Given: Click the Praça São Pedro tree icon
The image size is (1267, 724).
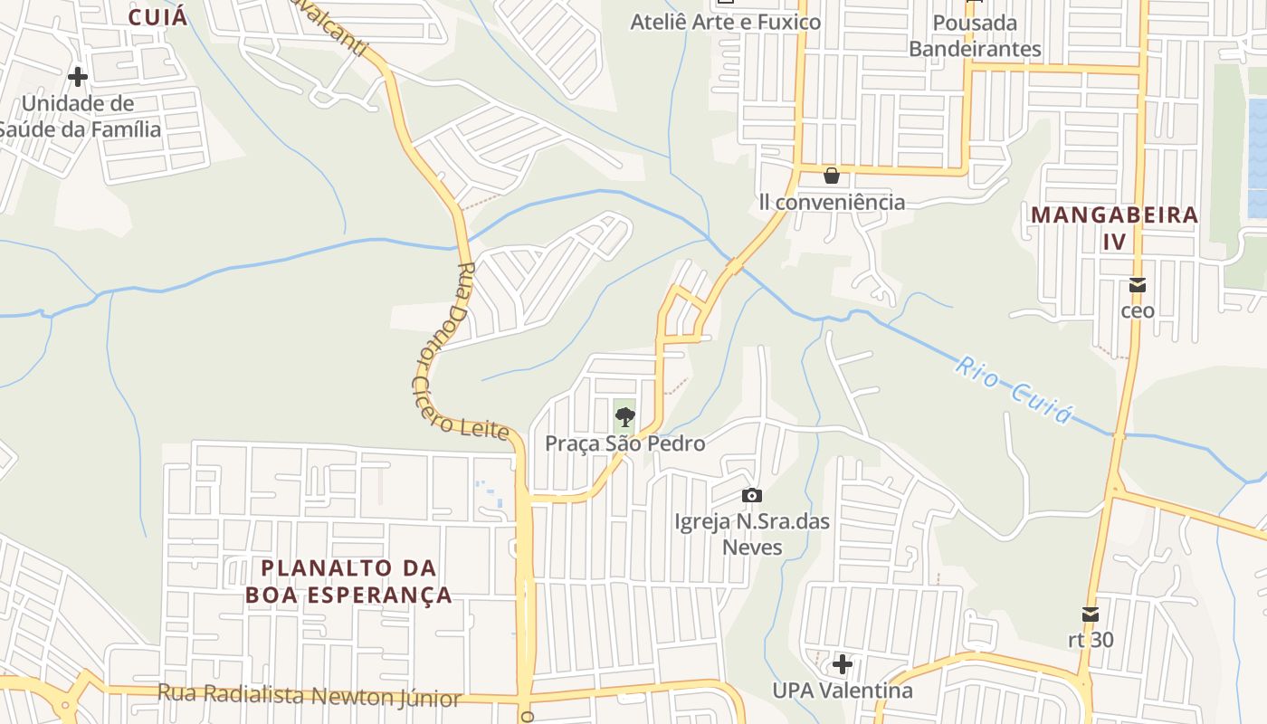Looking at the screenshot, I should point(624,417).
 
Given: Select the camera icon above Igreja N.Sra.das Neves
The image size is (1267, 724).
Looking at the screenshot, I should point(751,495).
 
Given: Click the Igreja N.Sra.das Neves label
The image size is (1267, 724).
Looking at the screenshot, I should point(739,534).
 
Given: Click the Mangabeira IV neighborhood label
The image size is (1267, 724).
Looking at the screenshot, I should point(1114,228).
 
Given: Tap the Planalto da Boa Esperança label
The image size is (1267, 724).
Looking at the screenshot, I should point(348,581).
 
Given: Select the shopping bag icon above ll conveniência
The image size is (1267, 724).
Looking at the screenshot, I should point(831,176).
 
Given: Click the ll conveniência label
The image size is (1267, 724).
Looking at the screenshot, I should point(832,201).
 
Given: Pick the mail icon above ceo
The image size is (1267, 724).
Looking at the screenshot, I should point(1138,285).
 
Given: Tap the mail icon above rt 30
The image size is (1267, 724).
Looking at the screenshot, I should point(1091,614).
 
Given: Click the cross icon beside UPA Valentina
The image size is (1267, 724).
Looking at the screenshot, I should point(843,665).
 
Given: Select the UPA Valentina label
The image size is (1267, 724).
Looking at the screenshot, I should point(842,691).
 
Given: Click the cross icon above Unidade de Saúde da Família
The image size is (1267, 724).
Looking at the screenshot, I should point(78,77).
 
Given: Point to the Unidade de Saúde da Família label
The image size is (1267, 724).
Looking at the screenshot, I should point(79,117).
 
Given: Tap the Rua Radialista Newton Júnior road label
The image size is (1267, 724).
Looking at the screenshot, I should point(310,697).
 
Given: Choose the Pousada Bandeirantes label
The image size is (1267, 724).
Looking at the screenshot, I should point(975,35).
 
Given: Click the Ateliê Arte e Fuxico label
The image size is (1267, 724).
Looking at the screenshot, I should point(725,22).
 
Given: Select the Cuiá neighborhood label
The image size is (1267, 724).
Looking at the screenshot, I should point(157,17).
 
